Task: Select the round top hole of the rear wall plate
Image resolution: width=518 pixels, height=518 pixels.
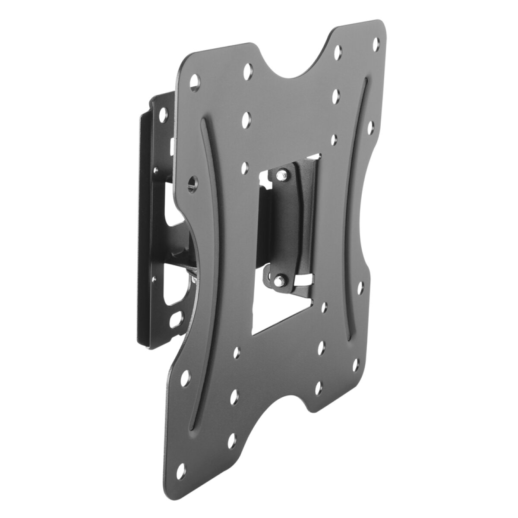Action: pyautogui.click(x=163, y=115)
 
